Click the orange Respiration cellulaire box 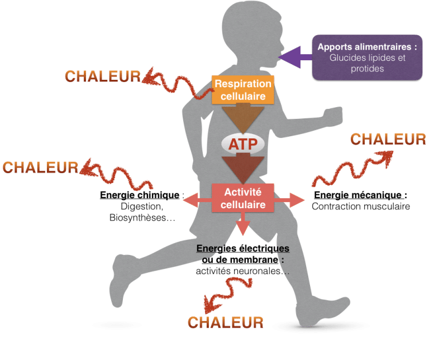coord(243,90)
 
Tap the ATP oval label coord(242,144)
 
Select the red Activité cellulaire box coord(243,198)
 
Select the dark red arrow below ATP coord(242,169)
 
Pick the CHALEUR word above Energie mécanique coord(388,139)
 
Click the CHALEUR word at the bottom coord(225,322)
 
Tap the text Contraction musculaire coord(361,207)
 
